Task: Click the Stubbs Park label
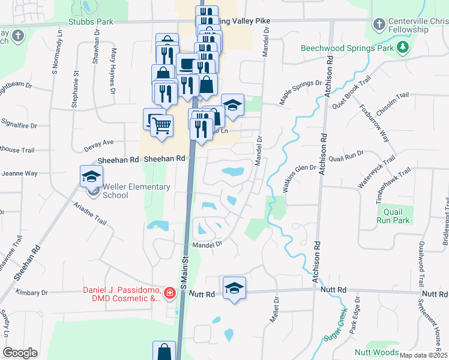point(91,22)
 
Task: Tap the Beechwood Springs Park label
point(346,47)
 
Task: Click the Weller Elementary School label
point(136,191)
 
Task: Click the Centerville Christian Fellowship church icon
point(378,25)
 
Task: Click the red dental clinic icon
point(170,293)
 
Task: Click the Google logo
point(20,353)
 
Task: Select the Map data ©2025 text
point(423,355)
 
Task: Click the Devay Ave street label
point(99,143)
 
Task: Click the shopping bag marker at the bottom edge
point(164,351)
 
